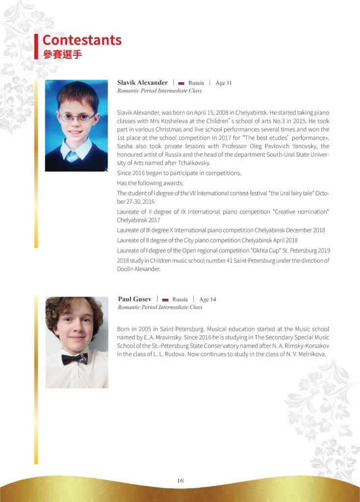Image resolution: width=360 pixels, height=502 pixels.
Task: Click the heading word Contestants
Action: tap(81, 40)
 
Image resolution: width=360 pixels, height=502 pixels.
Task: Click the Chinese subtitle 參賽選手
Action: tap(62, 53)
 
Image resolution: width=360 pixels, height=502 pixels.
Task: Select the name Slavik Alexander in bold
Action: tap(142, 82)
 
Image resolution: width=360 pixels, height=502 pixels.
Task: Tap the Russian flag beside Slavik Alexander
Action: tap(180, 83)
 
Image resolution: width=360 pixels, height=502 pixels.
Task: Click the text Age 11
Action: tap(223, 83)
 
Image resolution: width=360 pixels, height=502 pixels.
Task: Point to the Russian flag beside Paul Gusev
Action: tap(165, 300)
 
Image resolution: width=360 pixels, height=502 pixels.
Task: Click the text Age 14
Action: tap(208, 299)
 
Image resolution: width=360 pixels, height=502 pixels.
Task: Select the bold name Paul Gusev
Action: tap(134, 299)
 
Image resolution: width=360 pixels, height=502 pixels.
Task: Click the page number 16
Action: tap(180, 481)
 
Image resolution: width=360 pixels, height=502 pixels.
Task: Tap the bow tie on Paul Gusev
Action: tap(75, 359)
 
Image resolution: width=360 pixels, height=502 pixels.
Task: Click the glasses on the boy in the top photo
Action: tap(77, 118)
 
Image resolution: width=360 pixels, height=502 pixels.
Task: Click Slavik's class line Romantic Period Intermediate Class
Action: tap(159, 91)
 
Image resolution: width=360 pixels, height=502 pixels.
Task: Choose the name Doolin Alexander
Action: tap(138, 269)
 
